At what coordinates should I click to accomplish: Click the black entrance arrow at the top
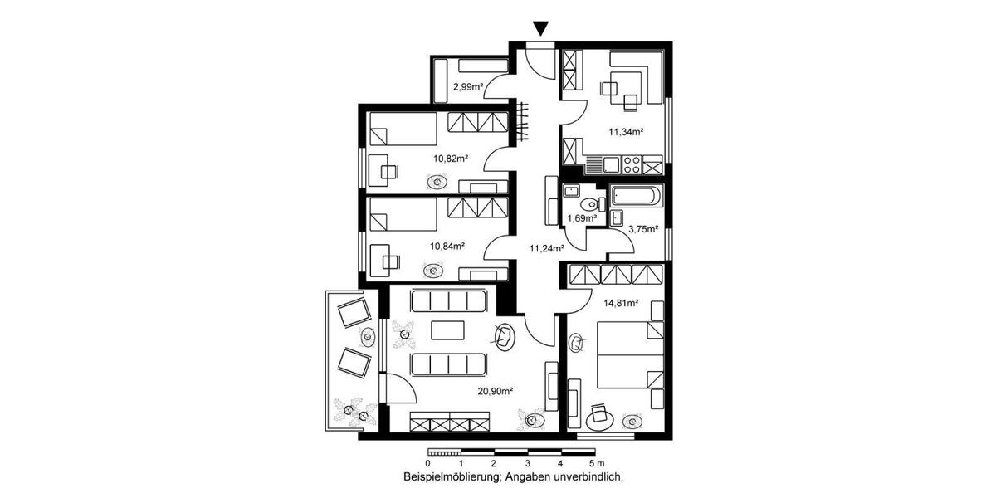pos(541,29)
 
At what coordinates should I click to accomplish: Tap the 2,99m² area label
pos(467,85)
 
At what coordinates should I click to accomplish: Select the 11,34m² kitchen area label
pos(626,131)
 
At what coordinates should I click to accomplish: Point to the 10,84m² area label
pos(447,246)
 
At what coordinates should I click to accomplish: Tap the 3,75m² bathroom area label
pos(642,229)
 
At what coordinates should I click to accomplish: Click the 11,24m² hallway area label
pos(547,247)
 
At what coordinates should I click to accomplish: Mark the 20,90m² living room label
pos(495,390)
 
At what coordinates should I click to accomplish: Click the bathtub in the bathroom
pos(637,197)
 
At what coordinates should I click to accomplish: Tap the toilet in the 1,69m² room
pos(591,203)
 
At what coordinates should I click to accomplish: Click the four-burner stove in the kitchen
pos(632,164)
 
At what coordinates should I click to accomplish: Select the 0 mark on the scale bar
pos(427,462)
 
